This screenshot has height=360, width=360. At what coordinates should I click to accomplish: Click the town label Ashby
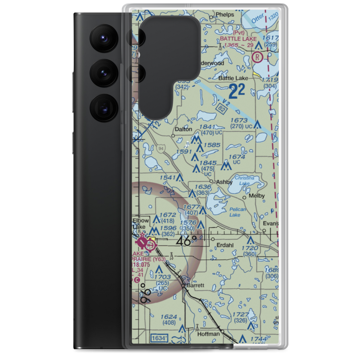point(224,182)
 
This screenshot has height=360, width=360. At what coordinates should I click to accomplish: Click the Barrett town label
point(195,285)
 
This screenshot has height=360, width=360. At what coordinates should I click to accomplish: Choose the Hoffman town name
point(208,334)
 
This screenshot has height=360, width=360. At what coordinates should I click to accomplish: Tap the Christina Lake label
point(244,181)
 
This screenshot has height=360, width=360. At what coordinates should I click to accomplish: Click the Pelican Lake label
point(238,212)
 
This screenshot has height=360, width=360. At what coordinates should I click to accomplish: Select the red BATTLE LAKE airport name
point(238,39)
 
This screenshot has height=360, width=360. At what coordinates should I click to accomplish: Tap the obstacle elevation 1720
point(250,248)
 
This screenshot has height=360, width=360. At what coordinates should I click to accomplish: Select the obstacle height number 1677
point(191,207)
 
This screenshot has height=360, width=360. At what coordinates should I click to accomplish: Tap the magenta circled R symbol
point(257,57)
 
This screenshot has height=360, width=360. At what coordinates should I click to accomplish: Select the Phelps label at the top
point(224,15)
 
